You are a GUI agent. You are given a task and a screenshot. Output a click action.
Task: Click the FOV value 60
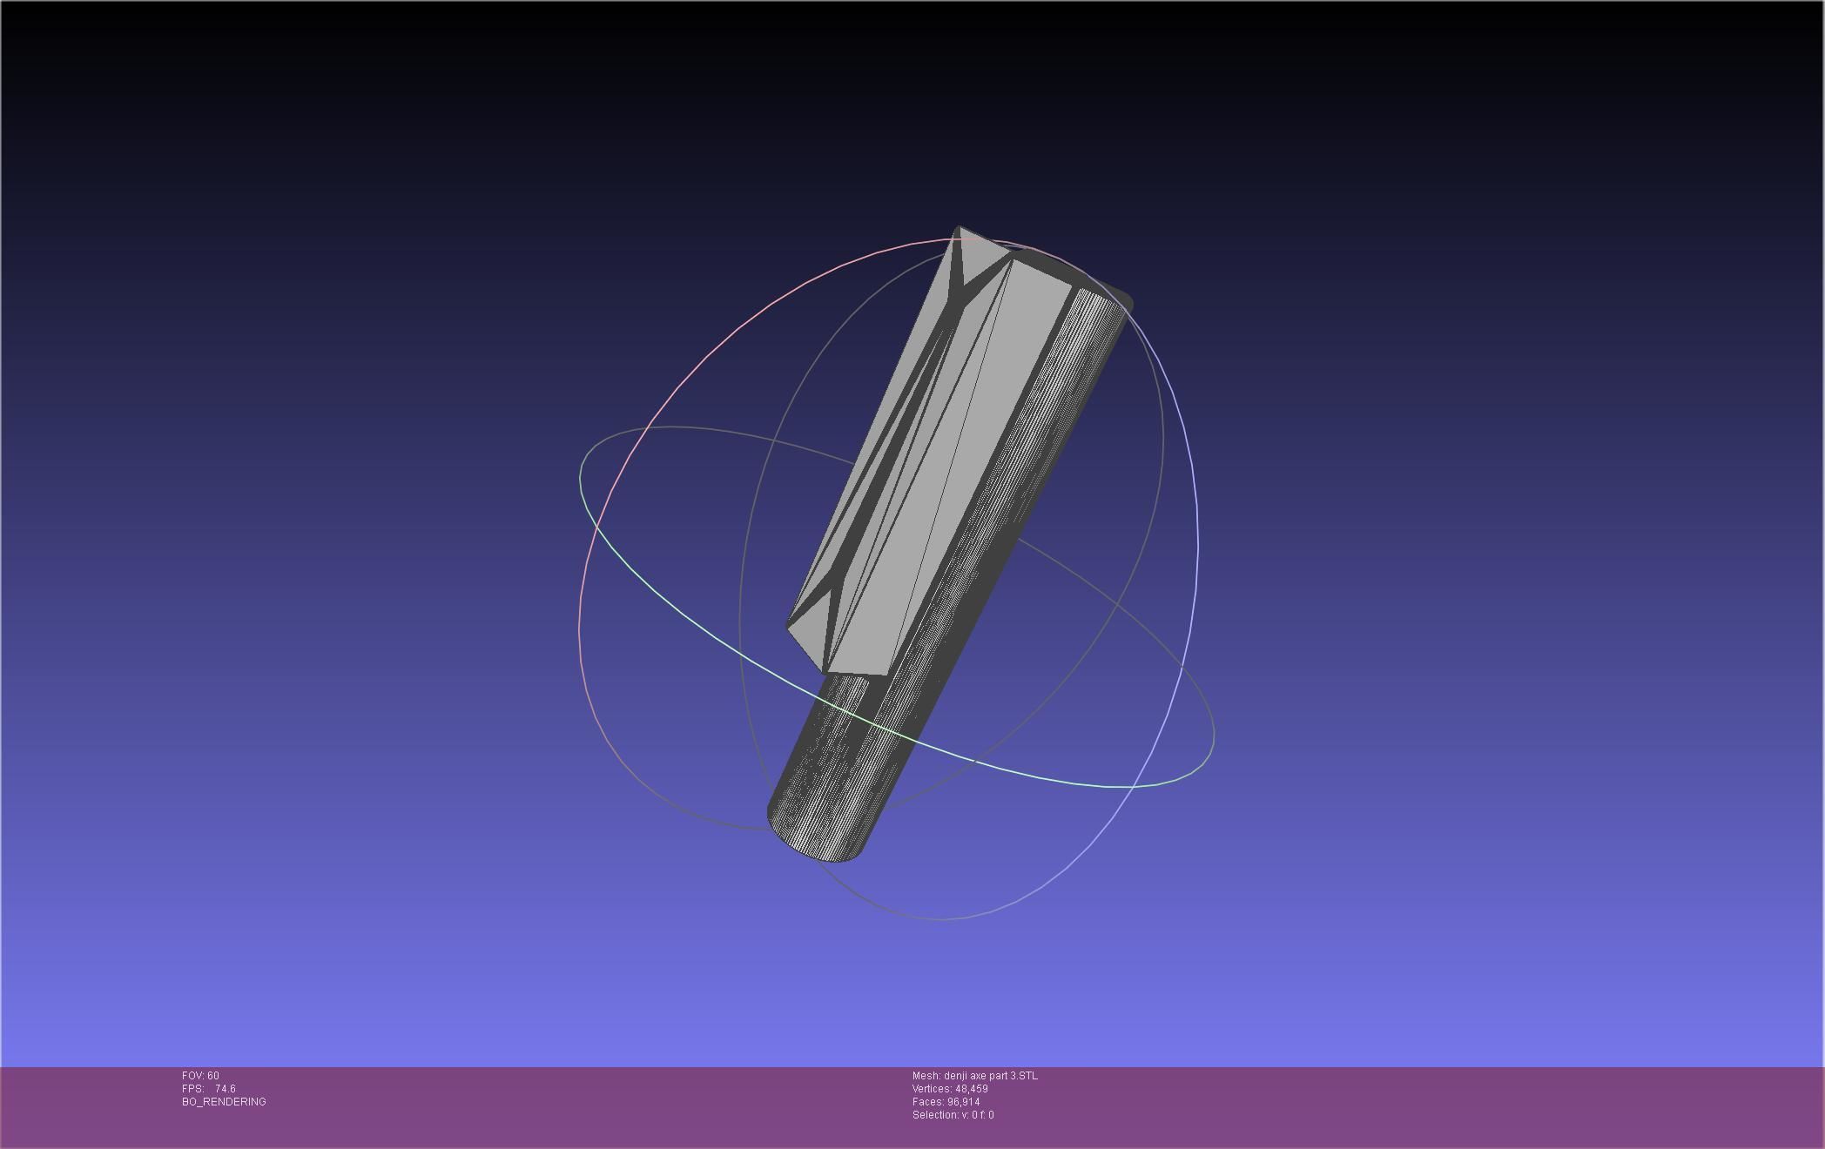pos(213,1076)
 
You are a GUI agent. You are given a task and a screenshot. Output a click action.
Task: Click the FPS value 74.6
pos(225,1089)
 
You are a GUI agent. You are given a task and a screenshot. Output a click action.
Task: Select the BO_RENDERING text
pos(224,1102)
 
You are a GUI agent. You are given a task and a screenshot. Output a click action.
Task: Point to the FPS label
pos(192,1089)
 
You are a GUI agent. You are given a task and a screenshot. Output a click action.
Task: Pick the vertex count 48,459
pos(971,1089)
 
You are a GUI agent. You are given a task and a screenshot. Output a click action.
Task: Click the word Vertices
pos(932,1089)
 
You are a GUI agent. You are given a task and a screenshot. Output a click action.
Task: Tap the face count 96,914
pos(963,1102)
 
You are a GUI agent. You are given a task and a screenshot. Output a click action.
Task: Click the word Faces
pos(927,1102)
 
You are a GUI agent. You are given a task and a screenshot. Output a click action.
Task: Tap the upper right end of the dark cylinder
pos(1119,296)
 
